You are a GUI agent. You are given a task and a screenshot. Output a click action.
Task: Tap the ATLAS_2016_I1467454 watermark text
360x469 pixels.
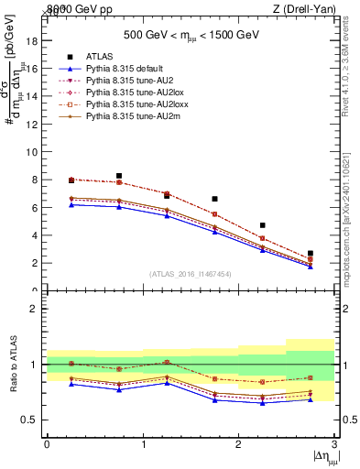click(191, 274)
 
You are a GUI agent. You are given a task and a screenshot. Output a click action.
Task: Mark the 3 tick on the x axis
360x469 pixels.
click(335, 444)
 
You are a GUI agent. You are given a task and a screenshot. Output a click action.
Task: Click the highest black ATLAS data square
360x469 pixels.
click(119, 176)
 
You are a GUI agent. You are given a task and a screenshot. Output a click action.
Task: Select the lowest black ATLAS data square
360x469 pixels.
click(311, 253)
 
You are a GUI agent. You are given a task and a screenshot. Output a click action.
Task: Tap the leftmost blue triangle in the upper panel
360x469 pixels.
click(71, 204)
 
